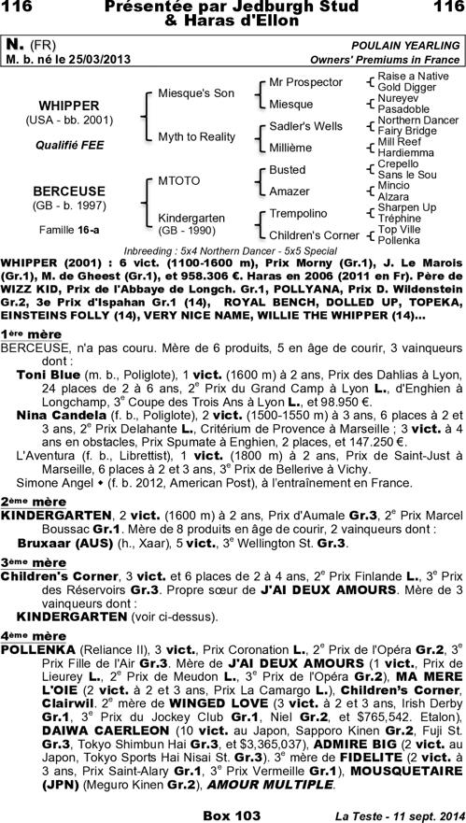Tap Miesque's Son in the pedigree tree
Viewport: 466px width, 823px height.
(195, 93)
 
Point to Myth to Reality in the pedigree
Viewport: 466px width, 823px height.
(196, 136)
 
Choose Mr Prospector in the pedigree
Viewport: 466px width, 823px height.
(305, 83)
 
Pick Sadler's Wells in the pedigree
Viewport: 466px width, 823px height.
(305, 125)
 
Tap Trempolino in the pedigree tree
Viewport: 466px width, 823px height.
(298, 213)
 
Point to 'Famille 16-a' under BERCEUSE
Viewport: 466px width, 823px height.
(64, 228)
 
